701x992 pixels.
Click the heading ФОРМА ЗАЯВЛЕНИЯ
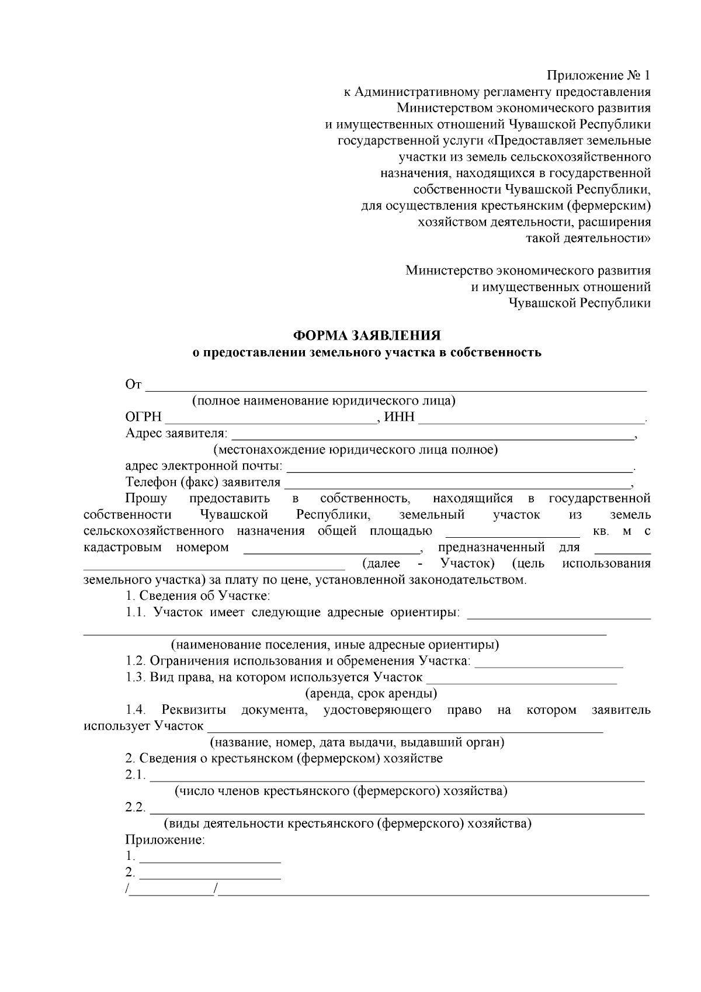click(367, 336)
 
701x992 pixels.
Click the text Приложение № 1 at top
click(598, 75)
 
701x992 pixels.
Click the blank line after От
click(396, 386)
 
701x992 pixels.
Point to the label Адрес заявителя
click(176, 434)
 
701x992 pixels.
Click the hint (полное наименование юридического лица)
click(324, 401)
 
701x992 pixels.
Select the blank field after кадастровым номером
click(331, 549)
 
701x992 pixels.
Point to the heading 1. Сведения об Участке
click(197, 596)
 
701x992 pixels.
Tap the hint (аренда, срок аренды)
click(372, 694)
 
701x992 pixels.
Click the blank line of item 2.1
click(397, 777)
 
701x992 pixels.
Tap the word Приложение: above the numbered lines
click(165, 841)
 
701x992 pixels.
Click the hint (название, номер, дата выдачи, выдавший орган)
click(357, 743)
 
